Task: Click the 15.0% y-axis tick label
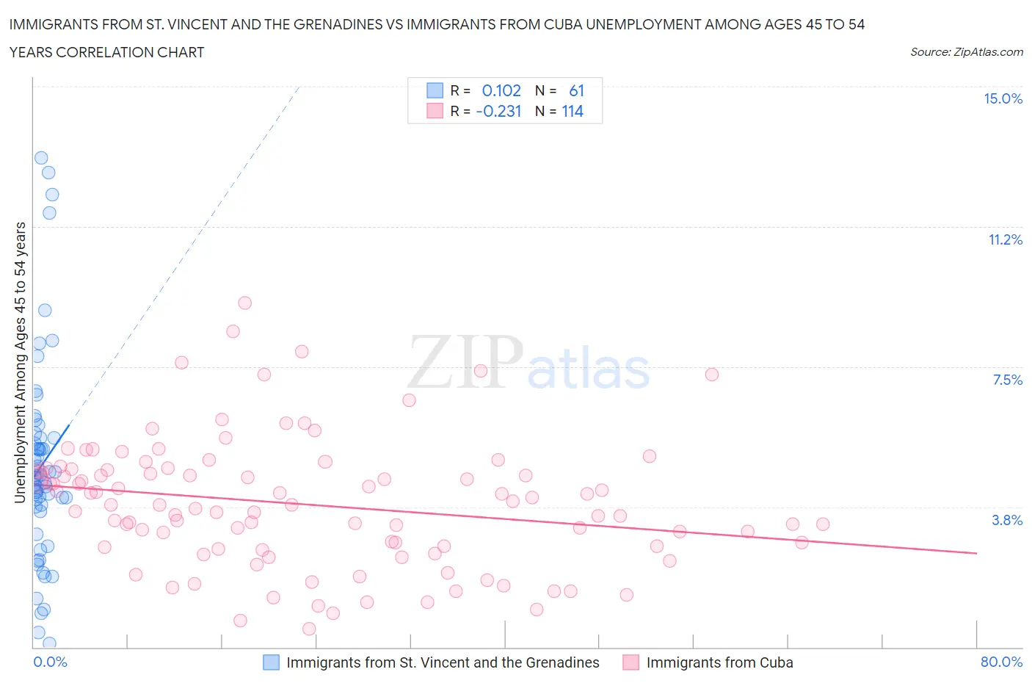click(1003, 98)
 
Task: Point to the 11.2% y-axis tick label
click(1005, 239)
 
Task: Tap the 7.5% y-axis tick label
click(1007, 380)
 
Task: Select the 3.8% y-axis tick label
click(1007, 520)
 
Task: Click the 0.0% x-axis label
click(50, 662)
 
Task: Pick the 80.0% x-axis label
click(1001, 662)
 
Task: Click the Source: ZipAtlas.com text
click(966, 52)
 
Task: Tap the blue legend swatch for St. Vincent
click(272, 662)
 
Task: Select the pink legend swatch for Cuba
click(631, 662)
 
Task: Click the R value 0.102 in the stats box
click(501, 90)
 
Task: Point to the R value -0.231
click(498, 111)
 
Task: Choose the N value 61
click(576, 90)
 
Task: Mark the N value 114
click(573, 111)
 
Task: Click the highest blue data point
click(41, 158)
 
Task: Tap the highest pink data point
click(245, 303)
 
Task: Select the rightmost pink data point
click(823, 524)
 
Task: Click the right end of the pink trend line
click(976, 552)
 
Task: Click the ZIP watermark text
click(465, 361)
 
